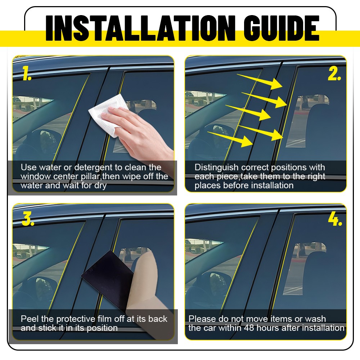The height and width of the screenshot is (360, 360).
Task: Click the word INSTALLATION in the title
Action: pos(140,28)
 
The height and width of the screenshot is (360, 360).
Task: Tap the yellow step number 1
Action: pos(27,73)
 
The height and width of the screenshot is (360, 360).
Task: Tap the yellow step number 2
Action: pos(334,73)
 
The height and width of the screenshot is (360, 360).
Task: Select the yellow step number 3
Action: pos(28,219)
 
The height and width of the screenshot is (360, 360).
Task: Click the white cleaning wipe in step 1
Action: pos(107,115)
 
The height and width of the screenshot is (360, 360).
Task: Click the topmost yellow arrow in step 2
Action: pos(260,81)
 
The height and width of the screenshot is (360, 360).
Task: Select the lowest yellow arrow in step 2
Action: pos(230,139)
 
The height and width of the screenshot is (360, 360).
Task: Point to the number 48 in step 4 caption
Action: pos(249,328)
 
